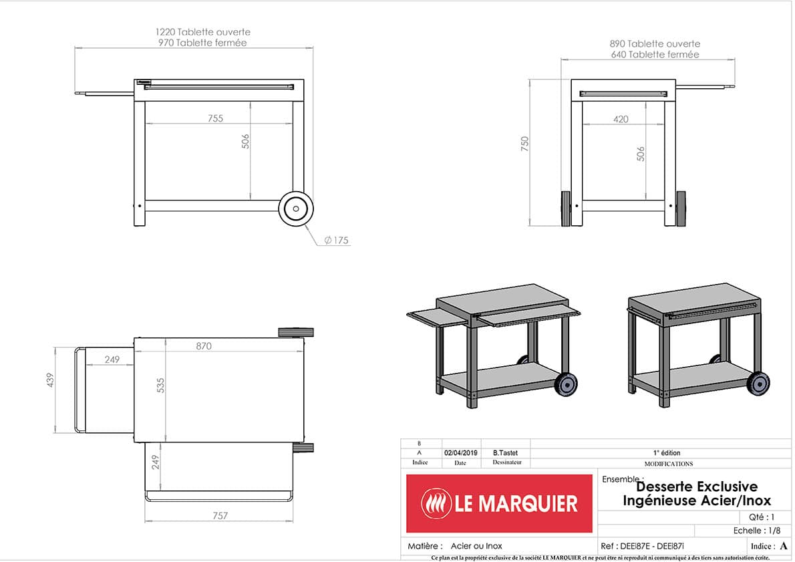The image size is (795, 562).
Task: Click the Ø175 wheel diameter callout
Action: (337, 241)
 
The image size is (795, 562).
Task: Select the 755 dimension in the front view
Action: (215, 118)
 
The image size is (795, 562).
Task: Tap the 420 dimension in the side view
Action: (621, 120)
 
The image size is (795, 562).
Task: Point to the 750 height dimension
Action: (525, 143)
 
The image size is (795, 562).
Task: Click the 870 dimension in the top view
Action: (204, 346)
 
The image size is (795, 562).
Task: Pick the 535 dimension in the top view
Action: (160, 385)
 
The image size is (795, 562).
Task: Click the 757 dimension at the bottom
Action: (220, 515)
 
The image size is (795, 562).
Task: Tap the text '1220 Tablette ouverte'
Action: (203, 32)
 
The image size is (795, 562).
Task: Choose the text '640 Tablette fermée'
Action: (655, 54)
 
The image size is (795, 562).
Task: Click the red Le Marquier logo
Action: (499, 503)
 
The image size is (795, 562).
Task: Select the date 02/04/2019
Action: (460, 453)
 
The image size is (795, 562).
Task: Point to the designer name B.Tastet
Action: (505, 453)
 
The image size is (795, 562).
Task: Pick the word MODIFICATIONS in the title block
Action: (668, 464)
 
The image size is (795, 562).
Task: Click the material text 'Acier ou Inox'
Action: (476, 546)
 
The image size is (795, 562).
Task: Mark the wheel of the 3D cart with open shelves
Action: (566, 383)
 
